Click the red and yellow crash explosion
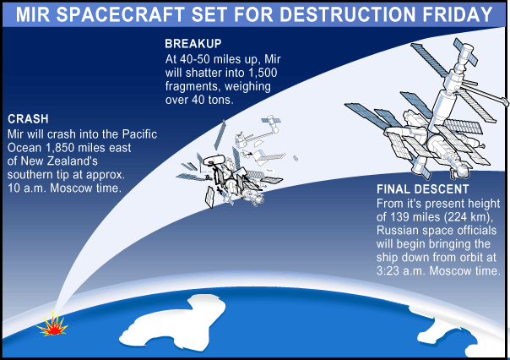pos(52,325)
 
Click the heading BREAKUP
pos(193,44)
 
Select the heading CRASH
pos(28,119)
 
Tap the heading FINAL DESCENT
pos(422,189)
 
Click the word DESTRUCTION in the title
pos(347,14)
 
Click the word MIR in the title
pos(33,14)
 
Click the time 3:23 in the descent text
pos(388,270)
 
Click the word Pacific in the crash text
pos(139,134)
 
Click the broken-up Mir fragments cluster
pos(233,163)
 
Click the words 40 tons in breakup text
pos(212,100)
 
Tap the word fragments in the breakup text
pos(193,86)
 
